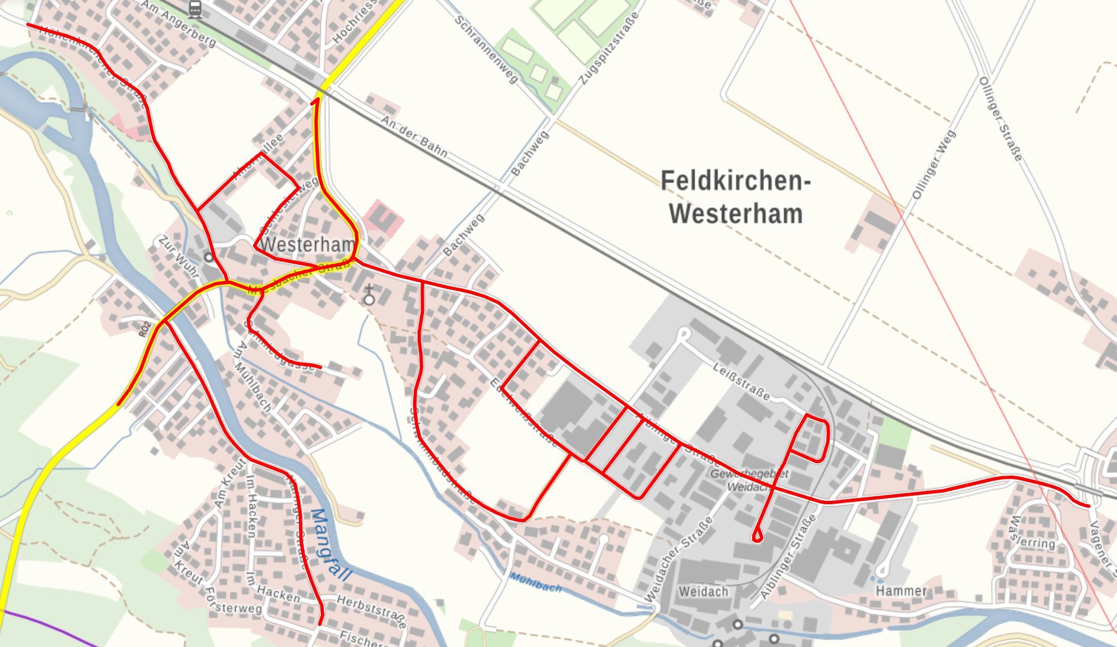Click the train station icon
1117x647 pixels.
pyautogui.click(x=195, y=8)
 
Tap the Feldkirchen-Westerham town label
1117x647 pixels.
pyautogui.click(x=735, y=197)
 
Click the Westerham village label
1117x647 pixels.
pyautogui.click(x=308, y=245)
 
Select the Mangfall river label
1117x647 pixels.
pyautogui.click(x=331, y=544)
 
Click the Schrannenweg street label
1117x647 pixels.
pyautogui.click(x=486, y=49)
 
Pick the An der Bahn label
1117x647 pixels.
pyautogui.click(x=414, y=137)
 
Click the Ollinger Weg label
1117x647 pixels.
pyautogui.click(x=934, y=165)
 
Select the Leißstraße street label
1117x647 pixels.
pyautogui.click(x=741, y=381)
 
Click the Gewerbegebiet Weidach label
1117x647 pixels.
pyautogui.click(x=749, y=480)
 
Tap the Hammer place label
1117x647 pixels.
pyautogui.click(x=901, y=591)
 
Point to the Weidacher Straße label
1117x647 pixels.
pyautogui.click(x=679, y=560)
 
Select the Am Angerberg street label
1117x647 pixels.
pyautogui.click(x=179, y=24)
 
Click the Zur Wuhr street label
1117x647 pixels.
pyautogui.click(x=179, y=256)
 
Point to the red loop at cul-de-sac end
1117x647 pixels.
pyautogui.click(x=757, y=536)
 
